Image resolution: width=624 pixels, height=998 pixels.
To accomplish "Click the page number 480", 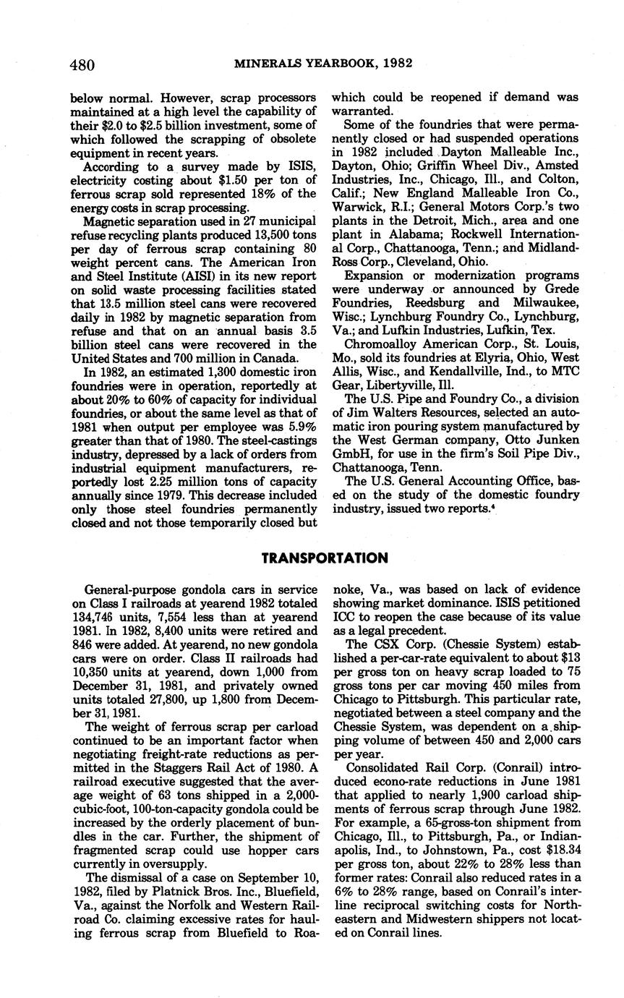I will coord(82,65).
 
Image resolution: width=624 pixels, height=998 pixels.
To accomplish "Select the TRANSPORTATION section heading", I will coord(325,558).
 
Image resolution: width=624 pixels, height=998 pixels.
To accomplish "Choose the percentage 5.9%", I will coord(297,427).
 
